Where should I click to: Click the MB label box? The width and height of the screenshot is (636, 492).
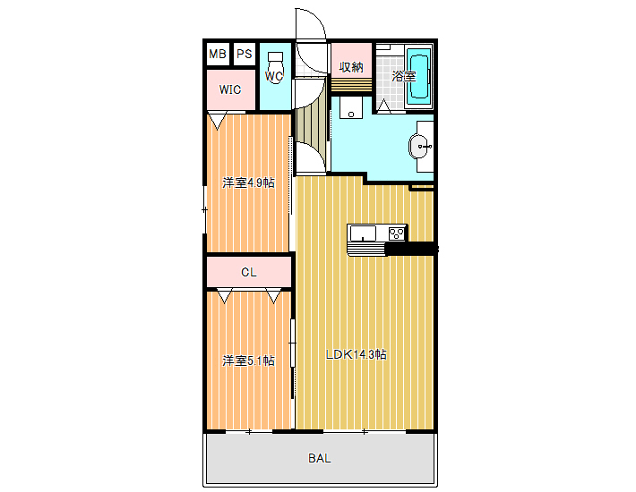[x=218, y=54]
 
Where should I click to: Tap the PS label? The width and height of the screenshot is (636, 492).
[x=245, y=54]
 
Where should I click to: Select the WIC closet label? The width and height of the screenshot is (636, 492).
[x=230, y=89]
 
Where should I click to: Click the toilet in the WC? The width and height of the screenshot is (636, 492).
[x=275, y=67]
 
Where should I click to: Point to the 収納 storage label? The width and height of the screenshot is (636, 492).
[x=351, y=67]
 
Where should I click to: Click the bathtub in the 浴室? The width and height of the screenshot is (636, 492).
[x=418, y=76]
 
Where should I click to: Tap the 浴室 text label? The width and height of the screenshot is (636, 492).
[x=404, y=76]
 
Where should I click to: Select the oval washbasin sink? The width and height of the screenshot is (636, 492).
[x=420, y=146]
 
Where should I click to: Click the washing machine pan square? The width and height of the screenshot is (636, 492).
[x=351, y=107]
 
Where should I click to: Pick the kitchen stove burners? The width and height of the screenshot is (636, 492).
[x=397, y=233]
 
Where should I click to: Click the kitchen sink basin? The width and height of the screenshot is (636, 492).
[x=363, y=233]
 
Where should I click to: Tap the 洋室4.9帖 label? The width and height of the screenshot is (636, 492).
[x=248, y=183]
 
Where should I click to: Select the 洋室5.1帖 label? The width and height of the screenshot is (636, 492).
[x=248, y=361]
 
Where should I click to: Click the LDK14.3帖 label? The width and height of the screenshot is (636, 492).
[x=357, y=355]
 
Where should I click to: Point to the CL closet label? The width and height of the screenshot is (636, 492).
[x=249, y=272]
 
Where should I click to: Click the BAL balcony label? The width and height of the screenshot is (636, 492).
[x=320, y=458]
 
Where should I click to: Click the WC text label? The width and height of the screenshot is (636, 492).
[x=274, y=76]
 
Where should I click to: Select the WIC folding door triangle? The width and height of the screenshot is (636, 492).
[x=217, y=122]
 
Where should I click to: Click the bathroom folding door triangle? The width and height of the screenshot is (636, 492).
[x=383, y=105]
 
